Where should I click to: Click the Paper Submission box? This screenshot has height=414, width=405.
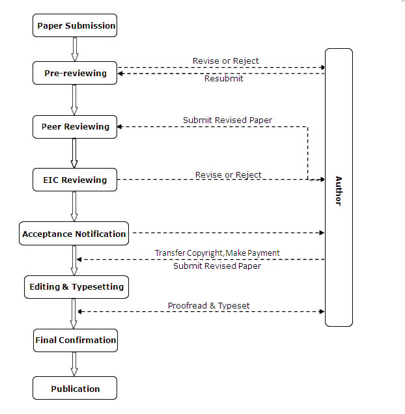(75, 25)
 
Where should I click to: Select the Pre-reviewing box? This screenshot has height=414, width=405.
(75, 73)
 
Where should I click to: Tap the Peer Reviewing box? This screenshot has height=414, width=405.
(75, 127)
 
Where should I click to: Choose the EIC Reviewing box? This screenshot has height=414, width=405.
(75, 180)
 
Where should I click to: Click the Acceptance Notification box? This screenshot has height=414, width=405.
(74, 234)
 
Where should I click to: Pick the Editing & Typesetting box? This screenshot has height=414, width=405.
(76, 287)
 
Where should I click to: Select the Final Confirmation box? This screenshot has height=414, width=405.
(76, 340)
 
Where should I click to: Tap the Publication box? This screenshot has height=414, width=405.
(75, 388)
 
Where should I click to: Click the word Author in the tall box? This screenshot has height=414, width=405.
(339, 191)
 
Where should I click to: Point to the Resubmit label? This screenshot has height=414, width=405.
(224, 79)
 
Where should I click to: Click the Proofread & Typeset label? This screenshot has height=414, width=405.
(209, 306)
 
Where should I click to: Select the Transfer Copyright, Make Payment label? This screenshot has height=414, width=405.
(217, 253)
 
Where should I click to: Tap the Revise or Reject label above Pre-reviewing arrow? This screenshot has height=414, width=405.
(226, 61)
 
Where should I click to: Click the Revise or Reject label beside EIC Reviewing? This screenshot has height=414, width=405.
(229, 175)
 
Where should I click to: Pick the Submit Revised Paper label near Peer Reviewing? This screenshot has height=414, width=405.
(227, 120)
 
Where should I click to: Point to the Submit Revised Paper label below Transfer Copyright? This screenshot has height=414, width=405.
(217, 266)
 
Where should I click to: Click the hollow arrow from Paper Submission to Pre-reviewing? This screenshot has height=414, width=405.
(75, 49)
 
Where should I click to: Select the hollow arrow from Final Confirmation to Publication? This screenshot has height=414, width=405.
(74, 365)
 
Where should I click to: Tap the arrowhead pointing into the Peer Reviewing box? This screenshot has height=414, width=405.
(119, 127)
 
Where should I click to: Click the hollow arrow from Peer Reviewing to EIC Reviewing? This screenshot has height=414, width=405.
(74, 154)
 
